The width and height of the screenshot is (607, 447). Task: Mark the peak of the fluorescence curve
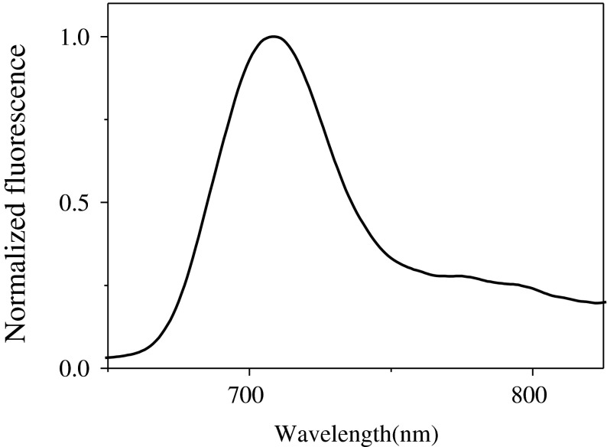pos(273,37)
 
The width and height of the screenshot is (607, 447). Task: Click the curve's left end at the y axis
pos(109,357)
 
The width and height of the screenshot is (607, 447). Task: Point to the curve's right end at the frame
pos(605,302)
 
